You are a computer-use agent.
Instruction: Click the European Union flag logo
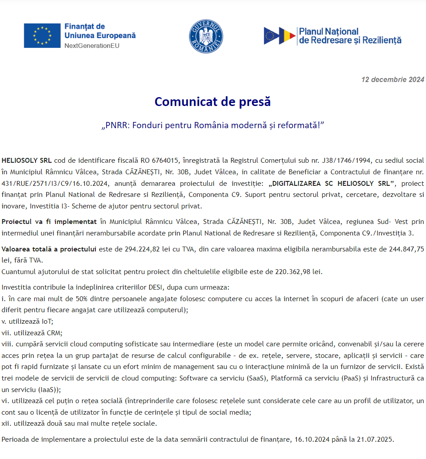42,35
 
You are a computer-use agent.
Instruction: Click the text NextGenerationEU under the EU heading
92,45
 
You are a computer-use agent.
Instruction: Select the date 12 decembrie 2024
393,80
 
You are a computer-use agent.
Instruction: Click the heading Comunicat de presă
213,102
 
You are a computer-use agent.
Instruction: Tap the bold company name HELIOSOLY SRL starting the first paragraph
27,160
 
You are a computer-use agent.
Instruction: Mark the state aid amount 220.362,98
300,271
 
